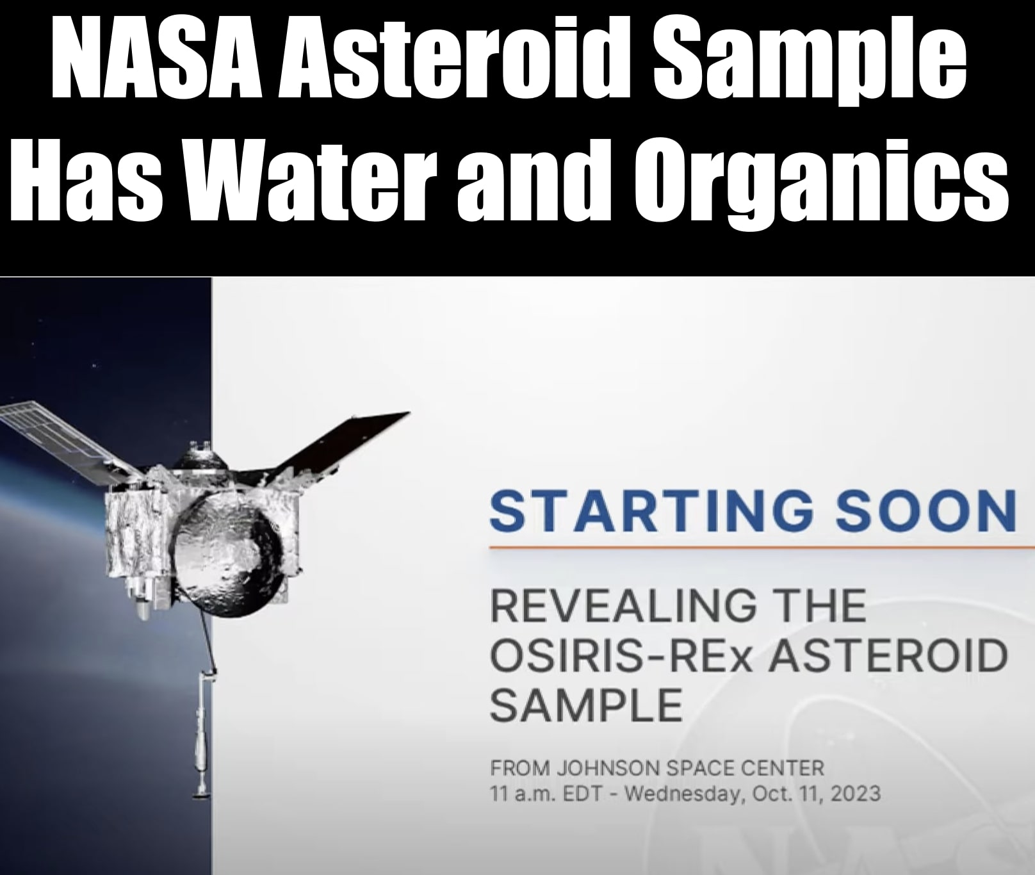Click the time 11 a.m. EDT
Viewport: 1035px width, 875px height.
[x=546, y=794]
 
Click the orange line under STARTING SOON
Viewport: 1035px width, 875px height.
[x=762, y=548]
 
